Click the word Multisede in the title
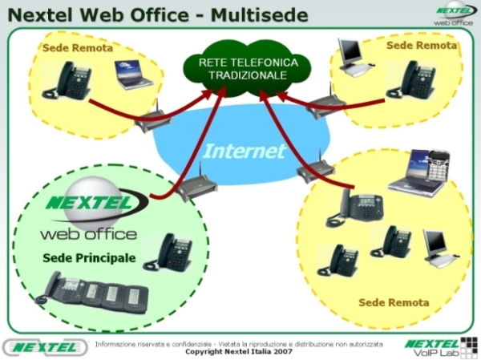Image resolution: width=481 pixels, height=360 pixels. pos(259,14)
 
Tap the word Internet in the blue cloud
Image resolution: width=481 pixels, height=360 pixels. pos(245,152)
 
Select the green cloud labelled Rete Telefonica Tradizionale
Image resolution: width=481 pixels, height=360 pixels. pos(247,68)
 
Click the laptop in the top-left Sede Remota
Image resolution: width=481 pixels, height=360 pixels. pos(133,75)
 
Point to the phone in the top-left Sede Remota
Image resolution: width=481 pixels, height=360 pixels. pos(67,80)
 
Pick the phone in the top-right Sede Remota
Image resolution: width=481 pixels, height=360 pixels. pos(411,80)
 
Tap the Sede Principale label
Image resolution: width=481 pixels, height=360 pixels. pos(89,258)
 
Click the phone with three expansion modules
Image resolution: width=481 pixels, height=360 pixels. pos(92,293)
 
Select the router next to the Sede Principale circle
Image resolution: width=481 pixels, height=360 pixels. pos(196,184)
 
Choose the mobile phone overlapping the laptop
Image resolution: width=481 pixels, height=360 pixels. pos(439,165)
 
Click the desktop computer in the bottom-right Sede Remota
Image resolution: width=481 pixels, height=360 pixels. pos(439,247)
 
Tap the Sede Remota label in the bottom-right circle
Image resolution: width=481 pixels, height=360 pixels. pos(394,302)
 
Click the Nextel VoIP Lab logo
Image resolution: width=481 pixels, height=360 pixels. pos(441,347)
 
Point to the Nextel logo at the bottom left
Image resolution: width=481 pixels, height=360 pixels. pos(46,347)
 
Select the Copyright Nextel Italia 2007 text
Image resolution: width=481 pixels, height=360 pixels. pos(239,351)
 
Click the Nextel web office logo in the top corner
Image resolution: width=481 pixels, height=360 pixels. pos(455,14)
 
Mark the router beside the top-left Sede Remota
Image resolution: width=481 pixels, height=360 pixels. pos(152,119)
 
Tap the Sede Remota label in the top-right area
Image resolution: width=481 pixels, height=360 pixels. pos(422,46)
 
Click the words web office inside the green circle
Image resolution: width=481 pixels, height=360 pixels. pos(89,234)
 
